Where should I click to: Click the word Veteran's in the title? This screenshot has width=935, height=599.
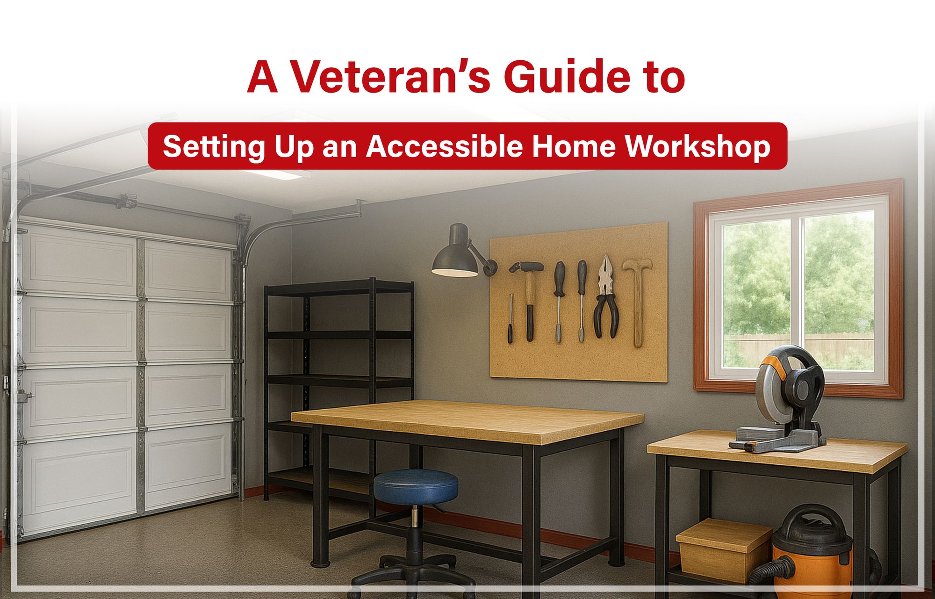pyautogui.click(x=390, y=77)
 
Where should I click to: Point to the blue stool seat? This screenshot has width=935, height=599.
pyautogui.click(x=415, y=485)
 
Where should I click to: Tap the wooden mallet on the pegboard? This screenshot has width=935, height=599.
pyautogui.click(x=637, y=299)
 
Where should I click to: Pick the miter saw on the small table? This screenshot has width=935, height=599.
pyautogui.click(x=785, y=397)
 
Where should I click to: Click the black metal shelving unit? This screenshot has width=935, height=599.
pyautogui.click(x=338, y=374)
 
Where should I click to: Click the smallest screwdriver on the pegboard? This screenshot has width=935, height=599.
pyautogui.click(x=511, y=318)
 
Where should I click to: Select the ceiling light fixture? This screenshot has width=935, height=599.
pyautogui.click(x=276, y=174)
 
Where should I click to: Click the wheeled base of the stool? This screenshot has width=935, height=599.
pyautogui.click(x=414, y=570)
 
